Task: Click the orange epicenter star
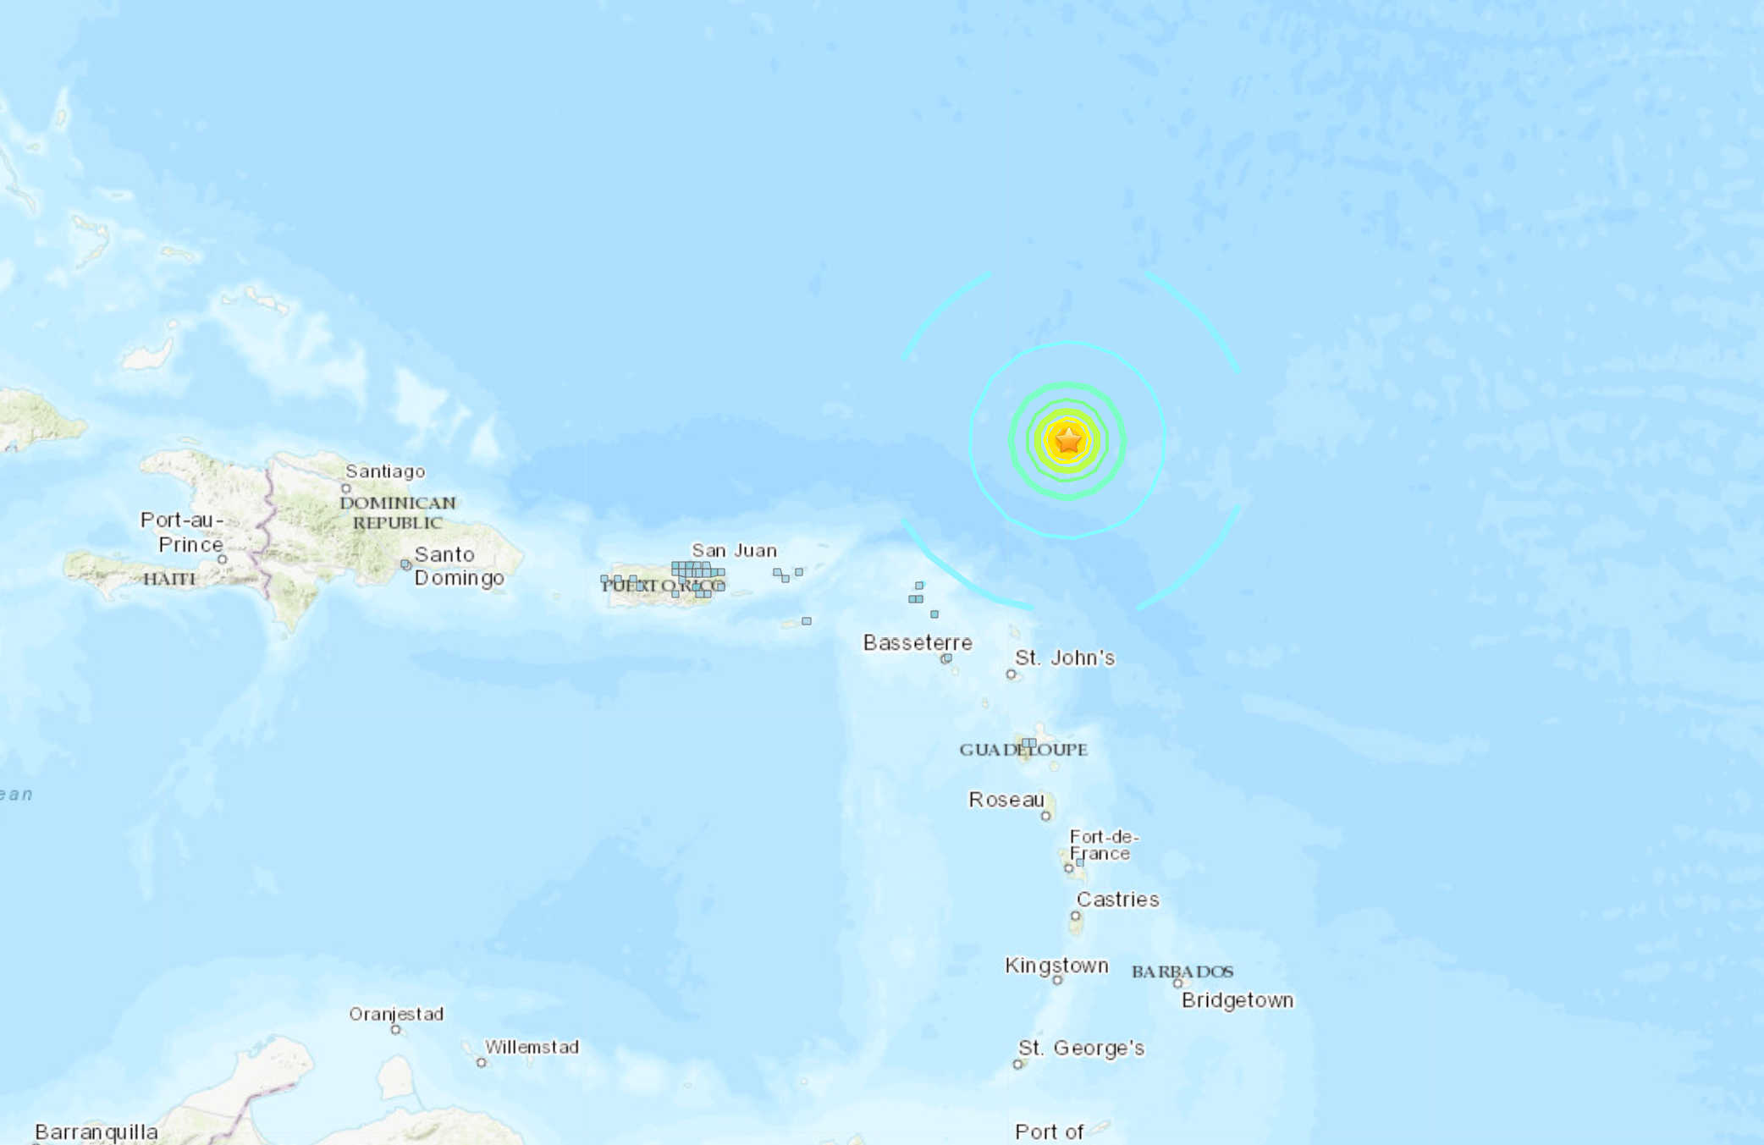(x=1068, y=440)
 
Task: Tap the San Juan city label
(x=734, y=550)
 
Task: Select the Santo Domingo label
(x=458, y=566)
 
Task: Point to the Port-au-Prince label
(x=183, y=531)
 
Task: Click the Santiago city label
(x=385, y=471)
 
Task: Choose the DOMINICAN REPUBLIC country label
(x=398, y=513)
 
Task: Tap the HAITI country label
(x=169, y=579)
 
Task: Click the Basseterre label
(x=918, y=642)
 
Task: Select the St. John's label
(x=1065, y=658)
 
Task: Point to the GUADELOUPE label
(x=1023, y=749)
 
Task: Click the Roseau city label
(x=1006, y=800)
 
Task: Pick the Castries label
(x=1117, y=899)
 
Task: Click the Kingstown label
(x=1056, y=966)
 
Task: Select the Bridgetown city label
(x=1238, y=1000)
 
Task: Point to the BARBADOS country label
(x=1182, y=972)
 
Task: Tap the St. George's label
(x=1081, y=1048)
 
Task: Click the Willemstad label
(x=532, y=1047)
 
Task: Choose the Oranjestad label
(x=396, y=1014)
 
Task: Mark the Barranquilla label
(x=96, y=1131)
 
